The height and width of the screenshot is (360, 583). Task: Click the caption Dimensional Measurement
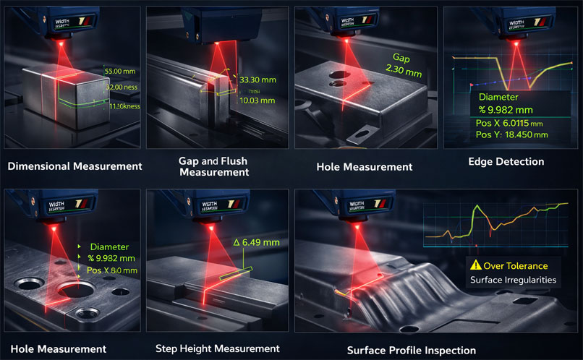point(75,166)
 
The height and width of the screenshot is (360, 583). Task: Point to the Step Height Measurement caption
point(217,348)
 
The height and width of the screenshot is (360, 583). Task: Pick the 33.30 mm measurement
point(257,80)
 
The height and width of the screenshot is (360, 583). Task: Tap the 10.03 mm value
point(257,101)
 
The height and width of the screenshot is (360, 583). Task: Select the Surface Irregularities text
point(512,280)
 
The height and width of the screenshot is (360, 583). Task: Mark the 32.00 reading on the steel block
point(115,87)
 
